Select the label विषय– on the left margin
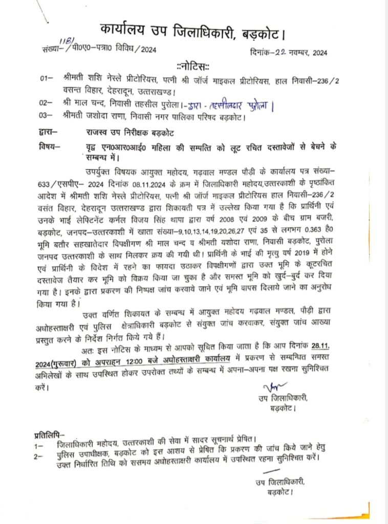(x=49, y=147)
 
